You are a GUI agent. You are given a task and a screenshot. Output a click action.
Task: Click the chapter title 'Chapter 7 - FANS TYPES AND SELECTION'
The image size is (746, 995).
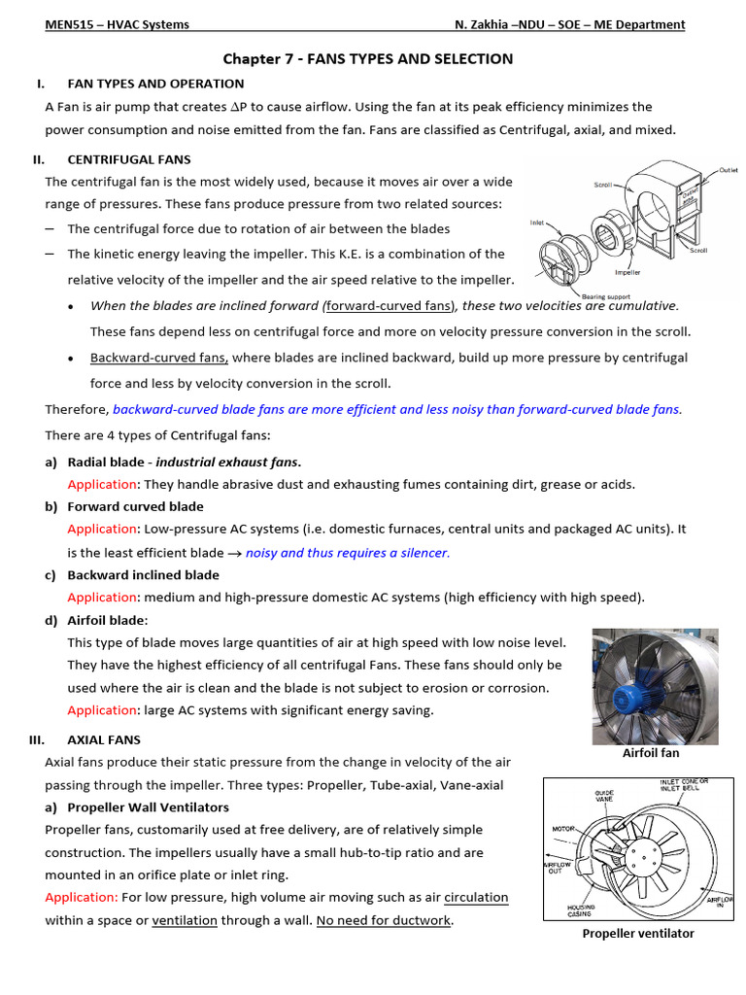click(368, 59)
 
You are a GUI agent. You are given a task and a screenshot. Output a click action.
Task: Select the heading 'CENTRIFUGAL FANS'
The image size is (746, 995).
click(129, 159)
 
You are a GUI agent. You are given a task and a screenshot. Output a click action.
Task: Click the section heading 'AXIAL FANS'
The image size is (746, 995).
click(104, 739)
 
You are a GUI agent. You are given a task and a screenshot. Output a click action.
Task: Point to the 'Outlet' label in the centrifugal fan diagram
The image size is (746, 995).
click(728, 170)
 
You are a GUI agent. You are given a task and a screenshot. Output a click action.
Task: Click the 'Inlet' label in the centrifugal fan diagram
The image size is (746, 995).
click(537, 222)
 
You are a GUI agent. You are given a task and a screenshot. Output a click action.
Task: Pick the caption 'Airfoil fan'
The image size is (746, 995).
click(650, 753)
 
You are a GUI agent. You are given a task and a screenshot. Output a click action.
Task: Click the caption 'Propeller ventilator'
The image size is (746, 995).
click(638, 934)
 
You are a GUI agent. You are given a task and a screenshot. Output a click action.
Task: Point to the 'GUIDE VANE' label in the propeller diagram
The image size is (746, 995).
click(605, 797)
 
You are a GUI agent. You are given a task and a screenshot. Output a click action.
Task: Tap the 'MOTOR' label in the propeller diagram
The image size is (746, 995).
click(564, 829)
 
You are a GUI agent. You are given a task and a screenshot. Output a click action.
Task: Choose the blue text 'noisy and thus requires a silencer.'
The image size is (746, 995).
click(348, 553)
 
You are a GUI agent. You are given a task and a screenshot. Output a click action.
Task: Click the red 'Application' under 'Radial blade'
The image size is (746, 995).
click(102, 484)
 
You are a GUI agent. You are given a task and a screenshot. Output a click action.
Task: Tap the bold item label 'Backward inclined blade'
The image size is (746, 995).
click(144, 575)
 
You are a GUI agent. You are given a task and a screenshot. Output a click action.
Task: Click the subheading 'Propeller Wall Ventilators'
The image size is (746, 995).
click(148, 807)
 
